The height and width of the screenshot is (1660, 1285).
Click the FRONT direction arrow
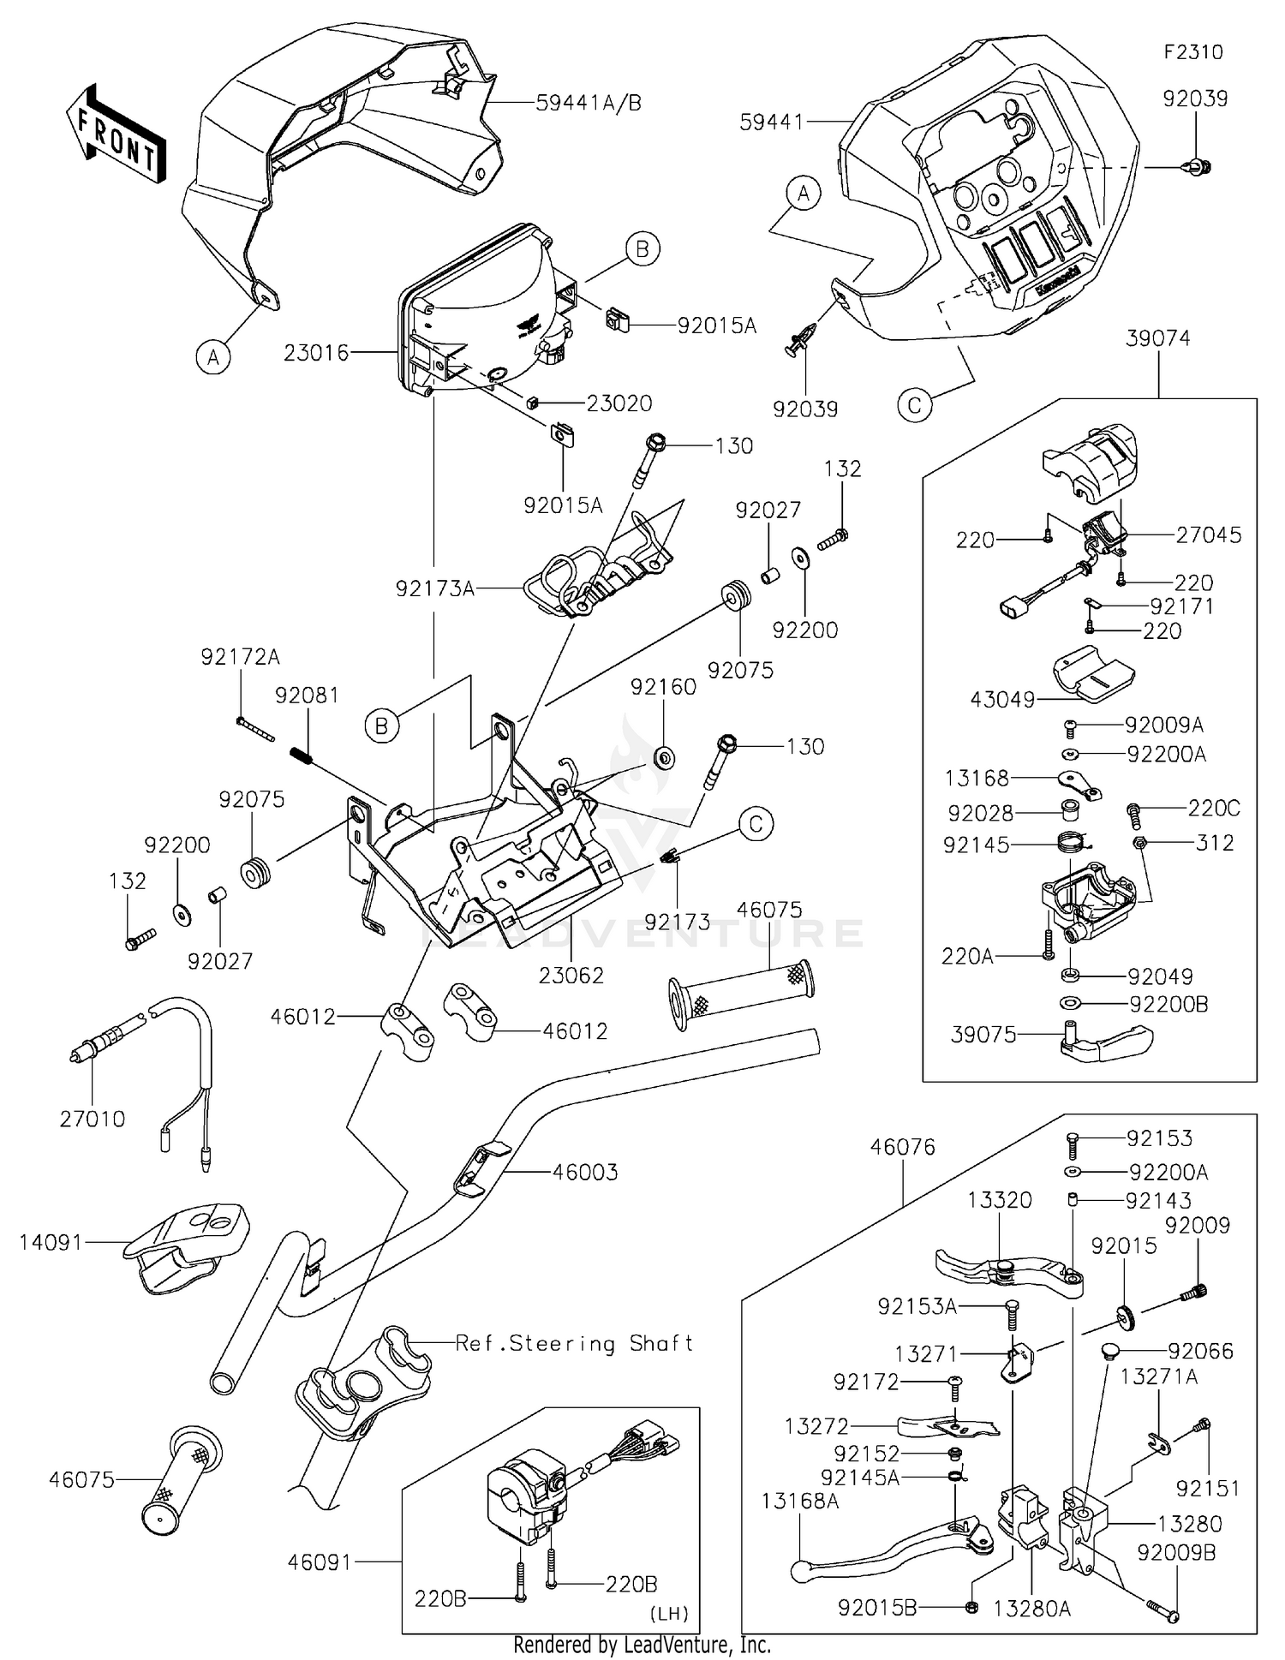click(115, 132)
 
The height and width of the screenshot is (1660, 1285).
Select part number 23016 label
click(316, 353)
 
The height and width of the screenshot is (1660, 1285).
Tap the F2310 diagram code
click(1192, 52)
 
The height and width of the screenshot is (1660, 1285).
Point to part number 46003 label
click(585, 1172)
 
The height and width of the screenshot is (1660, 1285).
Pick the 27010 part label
click(93, 1119)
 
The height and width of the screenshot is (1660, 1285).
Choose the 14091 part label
click(51, 1242)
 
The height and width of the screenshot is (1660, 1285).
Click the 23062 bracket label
click(571, 975)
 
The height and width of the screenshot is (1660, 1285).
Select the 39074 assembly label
click(1158, 338)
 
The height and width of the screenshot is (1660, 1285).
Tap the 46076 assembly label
click(903, 1147)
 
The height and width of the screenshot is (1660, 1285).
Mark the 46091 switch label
click(320, 1562)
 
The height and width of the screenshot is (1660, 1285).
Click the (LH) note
click(669, 1614)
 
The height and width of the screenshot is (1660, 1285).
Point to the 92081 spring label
click(307, 696)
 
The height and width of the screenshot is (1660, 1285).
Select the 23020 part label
click(619, 403)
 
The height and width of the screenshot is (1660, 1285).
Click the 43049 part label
click(1002, 700)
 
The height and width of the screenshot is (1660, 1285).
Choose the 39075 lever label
click(983, 1035)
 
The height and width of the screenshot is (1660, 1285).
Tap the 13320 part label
click(1000, 1200)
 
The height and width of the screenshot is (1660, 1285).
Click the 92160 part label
click(663, 687)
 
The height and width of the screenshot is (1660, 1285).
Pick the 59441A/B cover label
click(589, 103)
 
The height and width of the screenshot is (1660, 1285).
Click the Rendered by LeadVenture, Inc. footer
click(642, 1645)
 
